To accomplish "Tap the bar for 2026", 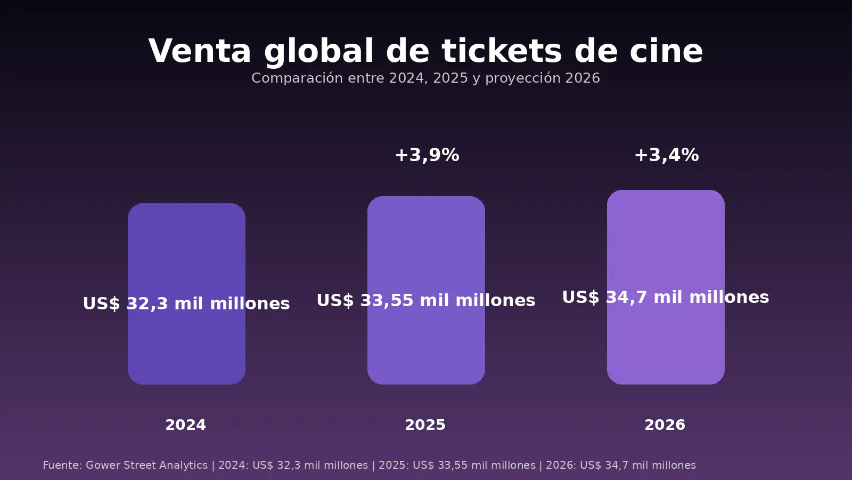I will pyautogui.click(x=666, y=240).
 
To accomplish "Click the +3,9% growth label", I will pyautogui.click(x=427, y=155).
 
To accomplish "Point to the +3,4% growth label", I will pyautogui.click(x=666, y=155).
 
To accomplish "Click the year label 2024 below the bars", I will pyautogui.click(x=185, y=425).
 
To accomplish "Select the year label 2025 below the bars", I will pyautogui.click(x=425, y=425).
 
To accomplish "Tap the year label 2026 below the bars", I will pyautogui.click(x=665, y=425).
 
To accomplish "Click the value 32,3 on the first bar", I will pyautogui.click(x=147, y=303).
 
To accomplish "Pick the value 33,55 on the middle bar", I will pyautogui.click(x=387, y=300).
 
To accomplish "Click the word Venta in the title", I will pyautogui.click(x=199, y=51).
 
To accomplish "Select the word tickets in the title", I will pyautogui.click(x=502, y=51).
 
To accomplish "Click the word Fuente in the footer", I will pyautogui.click(x=61, y=465).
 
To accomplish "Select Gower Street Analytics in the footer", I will pyautogui.click(x=146, y=465).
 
